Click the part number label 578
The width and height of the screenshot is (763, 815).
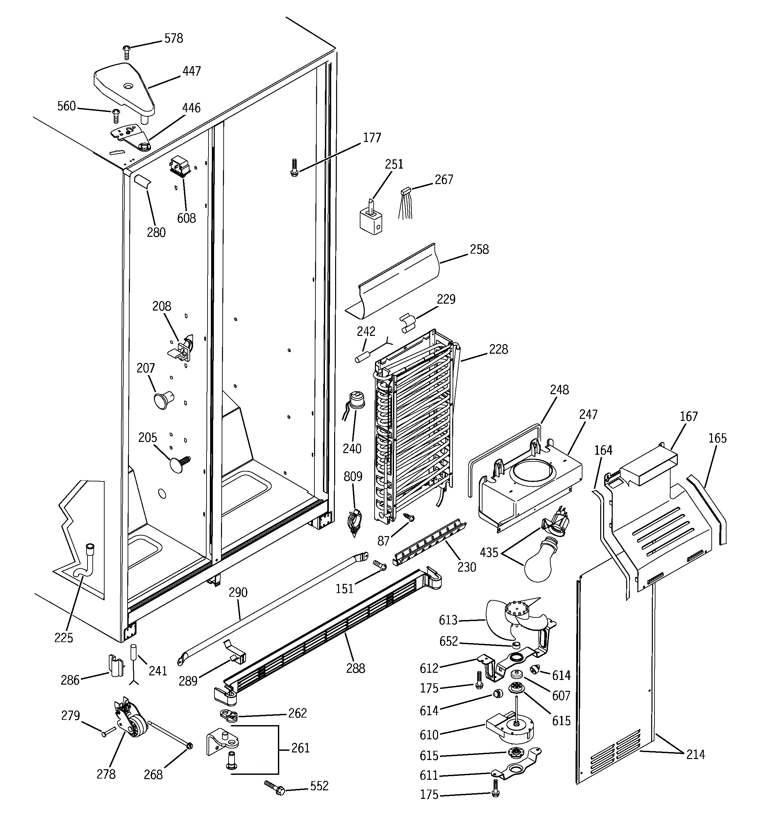point(173,39)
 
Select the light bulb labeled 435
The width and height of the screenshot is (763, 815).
point(539,560)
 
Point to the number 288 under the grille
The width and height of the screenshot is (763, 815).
point(355,669)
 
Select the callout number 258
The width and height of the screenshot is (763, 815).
point(479,249)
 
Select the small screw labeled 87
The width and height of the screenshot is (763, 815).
point(409,518)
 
